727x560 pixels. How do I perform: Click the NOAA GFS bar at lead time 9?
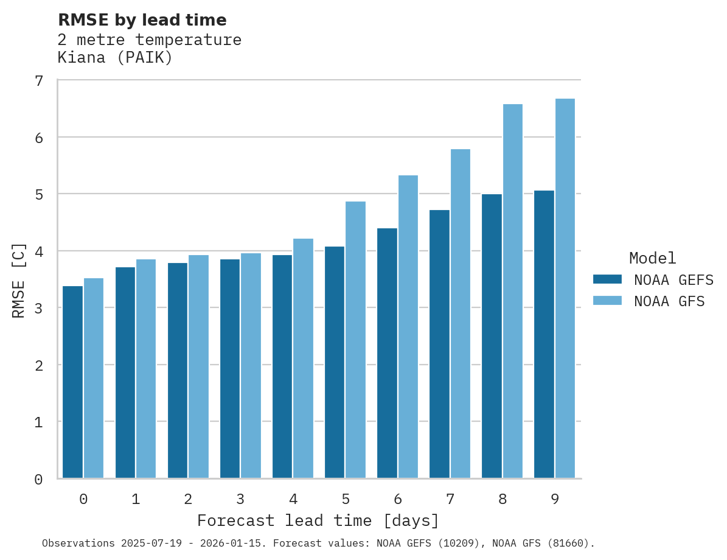(x=565, y=289)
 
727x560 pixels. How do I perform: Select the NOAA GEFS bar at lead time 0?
(x=73, y=382)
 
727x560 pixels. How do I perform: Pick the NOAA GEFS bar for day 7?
(x=439, y=344)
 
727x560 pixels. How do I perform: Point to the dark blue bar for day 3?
(x=230, y=369)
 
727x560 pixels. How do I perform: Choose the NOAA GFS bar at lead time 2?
(x=199, y=366)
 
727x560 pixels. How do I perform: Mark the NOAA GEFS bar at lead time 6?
(x=387, y=353)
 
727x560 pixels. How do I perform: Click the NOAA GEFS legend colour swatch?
(x=607, y=279)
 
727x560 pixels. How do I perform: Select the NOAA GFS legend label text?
(x=669, y=301)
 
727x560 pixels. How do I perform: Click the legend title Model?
(x=652, y=258)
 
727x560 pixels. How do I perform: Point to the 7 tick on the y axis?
(x=39, y=81)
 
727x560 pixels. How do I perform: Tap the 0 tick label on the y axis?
(x=39, y=480)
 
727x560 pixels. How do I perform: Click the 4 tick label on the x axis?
(x=293, y=500)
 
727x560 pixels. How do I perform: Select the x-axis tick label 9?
(x=555, y=500)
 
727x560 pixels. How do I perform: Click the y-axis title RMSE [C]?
(x=19, y=280)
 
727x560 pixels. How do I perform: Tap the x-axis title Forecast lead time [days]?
(x=318, y=521)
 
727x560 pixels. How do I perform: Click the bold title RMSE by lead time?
(x=142, y=20)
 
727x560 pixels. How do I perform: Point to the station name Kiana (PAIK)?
(x=115, y=58)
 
